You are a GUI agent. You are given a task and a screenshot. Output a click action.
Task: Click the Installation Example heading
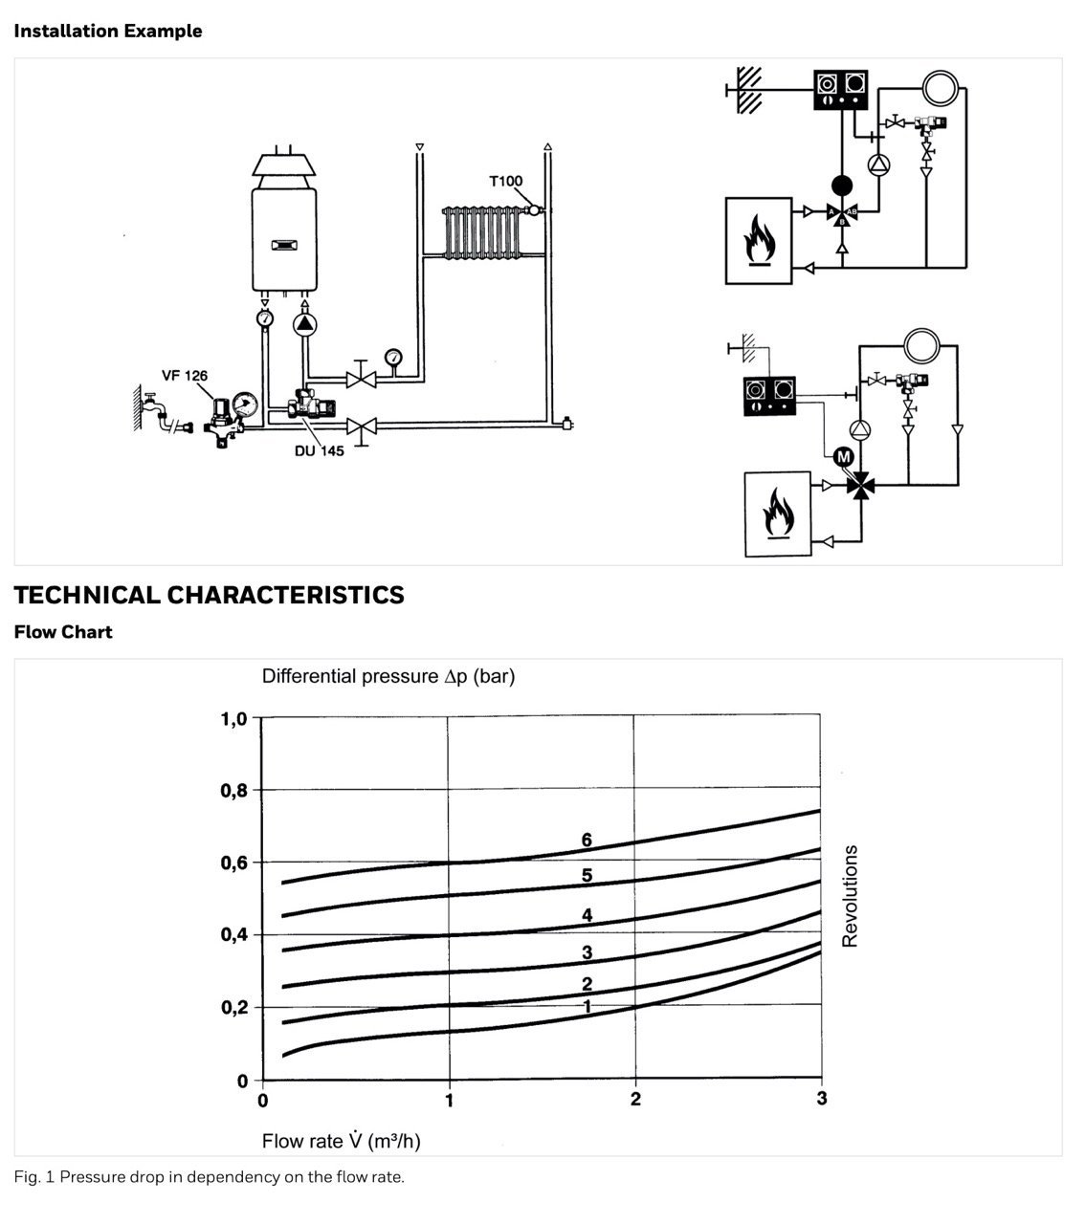[x=107, y=31]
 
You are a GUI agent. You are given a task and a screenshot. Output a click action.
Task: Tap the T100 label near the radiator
[x=505, y=182]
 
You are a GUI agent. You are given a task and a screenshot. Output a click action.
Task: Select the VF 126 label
[x=185, y=376]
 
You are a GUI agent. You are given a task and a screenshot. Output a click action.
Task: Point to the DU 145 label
[x=320, y=450]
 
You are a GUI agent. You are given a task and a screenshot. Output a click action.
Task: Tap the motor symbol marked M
[x=842, y=457]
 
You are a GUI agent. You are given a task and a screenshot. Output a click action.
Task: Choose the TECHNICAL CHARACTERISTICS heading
[x=210, y=595]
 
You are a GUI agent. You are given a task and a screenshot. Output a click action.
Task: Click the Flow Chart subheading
[x=63, y=632]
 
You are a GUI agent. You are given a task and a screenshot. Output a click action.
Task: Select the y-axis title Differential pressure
[x=388, y=676]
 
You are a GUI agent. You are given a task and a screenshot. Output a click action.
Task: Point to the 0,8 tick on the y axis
[x=234, y=790]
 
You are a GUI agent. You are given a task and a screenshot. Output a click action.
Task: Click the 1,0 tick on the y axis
[x=234, y=719]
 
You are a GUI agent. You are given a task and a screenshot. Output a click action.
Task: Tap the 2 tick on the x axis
[x=635, y=1099]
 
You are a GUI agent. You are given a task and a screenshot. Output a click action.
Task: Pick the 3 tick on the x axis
[x=821, y=1099]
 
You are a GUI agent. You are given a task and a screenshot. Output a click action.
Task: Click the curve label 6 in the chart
[x=587, y=840]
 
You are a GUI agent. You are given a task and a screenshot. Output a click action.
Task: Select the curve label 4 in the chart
[x=587, y=915]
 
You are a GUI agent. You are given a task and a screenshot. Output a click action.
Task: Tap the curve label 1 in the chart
[x=587, y=1006]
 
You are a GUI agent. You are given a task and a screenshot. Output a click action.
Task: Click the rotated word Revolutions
[x=850, y=895]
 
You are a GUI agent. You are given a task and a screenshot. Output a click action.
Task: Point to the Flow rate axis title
[x=341, y=1141]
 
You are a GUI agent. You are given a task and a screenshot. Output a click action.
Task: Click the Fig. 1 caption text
[x=210, y=1177]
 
